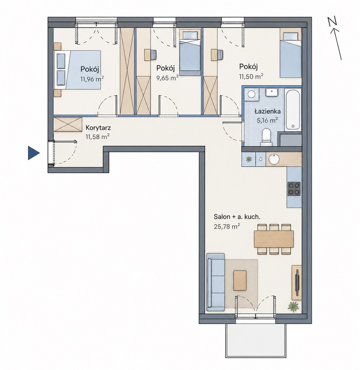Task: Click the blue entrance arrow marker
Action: tap(33, 153)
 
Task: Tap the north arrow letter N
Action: tap(333, 22)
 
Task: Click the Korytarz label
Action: tap(98, 128)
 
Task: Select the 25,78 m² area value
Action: tap(227, 227)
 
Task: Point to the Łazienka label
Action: tap(267, 111)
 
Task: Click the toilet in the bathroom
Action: tap(267, 137)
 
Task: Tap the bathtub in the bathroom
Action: tap(293, 110)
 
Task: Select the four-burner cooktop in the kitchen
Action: tap(294, 189)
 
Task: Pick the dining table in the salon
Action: tap(274, 239)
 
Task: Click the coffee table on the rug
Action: tap(240, 281)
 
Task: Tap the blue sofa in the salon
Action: tap(216, 282)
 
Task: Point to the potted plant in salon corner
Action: tap(293, 307)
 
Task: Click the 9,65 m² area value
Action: tap(167, 78)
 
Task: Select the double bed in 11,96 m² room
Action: tap(78, 70)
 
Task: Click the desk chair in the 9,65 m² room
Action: tap(153, 55)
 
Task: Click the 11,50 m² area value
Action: tap(251, 76)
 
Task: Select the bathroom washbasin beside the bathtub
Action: tap(272, 92)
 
